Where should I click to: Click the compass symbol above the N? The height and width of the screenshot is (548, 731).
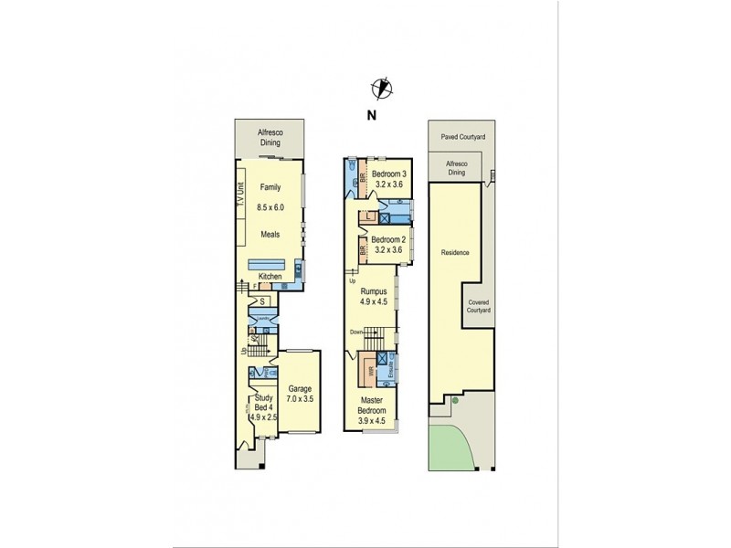click(x=380, y=88)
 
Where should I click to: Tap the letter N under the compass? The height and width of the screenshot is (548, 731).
click(x=370, y=114)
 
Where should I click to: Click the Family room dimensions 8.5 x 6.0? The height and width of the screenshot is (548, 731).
click(x=270, y=207)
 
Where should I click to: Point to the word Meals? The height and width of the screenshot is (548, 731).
click(x=270, y=234)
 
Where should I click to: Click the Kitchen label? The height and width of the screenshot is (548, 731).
click(x=269, y=277)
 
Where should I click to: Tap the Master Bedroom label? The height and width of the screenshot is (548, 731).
click(x=372, y=406)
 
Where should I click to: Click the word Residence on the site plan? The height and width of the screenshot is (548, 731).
click(x=454, y=253)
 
